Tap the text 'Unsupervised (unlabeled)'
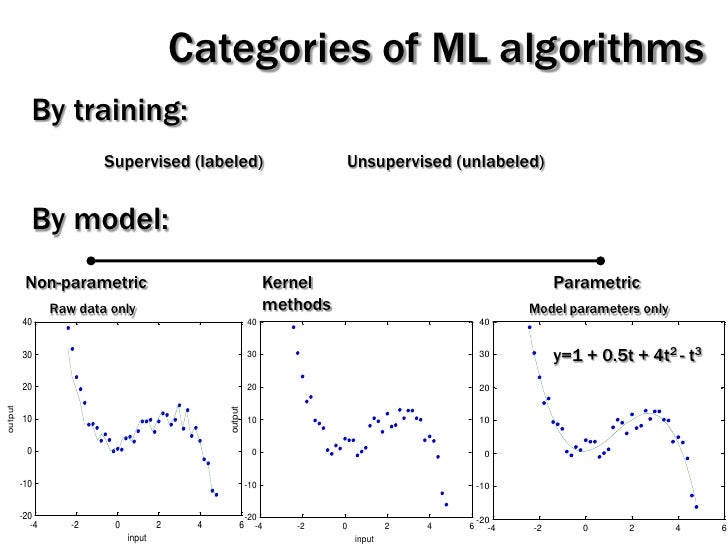coord(445,161)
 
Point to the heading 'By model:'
coord(100,217)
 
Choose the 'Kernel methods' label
coord(295,293)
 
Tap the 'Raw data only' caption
coord(92,309)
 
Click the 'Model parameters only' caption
coord(598,309)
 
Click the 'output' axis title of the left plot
coord(11,418)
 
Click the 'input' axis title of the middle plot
coord(365,539)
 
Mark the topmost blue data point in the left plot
coord(68,328)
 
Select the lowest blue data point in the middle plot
coord(446,504)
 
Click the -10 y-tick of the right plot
coord(482,486)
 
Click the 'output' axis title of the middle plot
coord(235,418)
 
